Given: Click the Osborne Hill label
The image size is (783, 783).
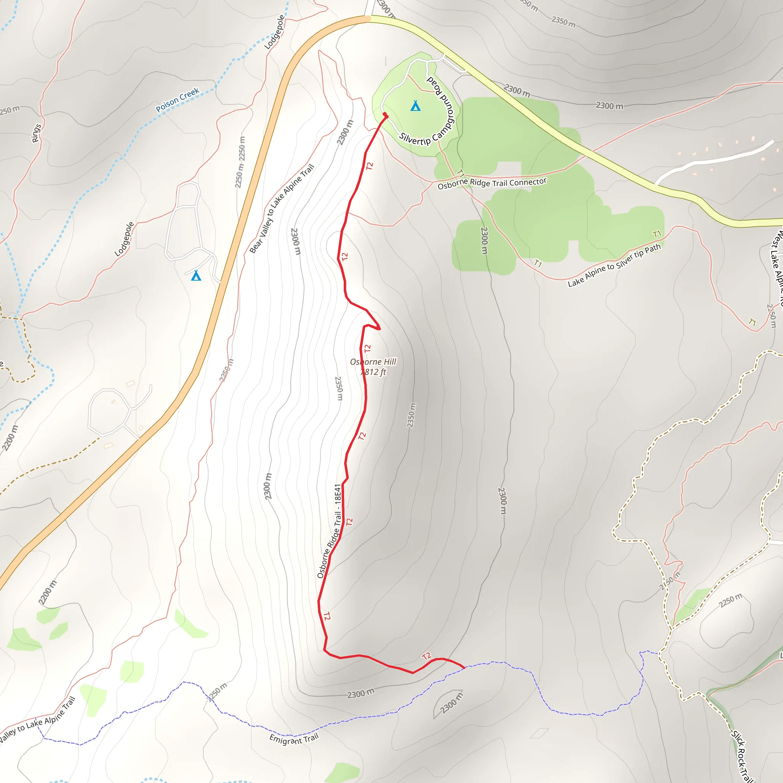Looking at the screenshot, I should point(373,362).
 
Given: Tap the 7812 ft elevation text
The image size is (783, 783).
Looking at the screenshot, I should point(373,372).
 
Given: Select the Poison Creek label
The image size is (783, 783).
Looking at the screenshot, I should point(177,100).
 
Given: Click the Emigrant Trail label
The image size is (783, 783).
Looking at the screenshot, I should point(294,739).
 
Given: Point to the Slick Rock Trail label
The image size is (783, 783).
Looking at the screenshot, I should point(741,756).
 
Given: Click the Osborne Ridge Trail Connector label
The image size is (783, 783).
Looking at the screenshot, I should point(492,183).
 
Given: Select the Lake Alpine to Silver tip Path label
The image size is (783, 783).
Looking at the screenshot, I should point(614,265).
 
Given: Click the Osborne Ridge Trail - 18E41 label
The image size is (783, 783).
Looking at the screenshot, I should point(330,531).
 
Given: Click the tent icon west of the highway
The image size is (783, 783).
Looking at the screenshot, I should point(196,276).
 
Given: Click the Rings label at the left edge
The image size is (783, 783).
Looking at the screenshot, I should point(36,133).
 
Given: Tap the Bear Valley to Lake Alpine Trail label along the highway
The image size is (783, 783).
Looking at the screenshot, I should point(282,209).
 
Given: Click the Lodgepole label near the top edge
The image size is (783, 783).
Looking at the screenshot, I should point(275,32).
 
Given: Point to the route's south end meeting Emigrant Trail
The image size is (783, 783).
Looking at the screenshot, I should point(464,668).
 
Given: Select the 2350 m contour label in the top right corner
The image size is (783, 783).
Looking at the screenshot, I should point(563,21).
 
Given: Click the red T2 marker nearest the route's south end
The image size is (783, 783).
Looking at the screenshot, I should point(426,656).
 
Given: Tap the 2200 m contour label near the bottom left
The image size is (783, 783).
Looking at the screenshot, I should point(47,593).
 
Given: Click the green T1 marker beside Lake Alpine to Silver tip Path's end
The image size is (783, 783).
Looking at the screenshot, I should point(657,234).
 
